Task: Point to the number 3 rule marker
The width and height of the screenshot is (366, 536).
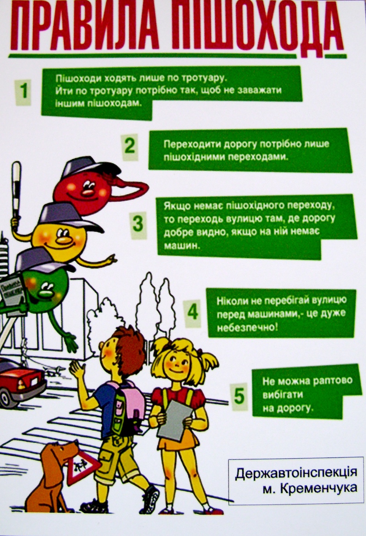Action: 138,224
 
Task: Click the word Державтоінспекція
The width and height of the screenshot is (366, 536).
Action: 296,472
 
